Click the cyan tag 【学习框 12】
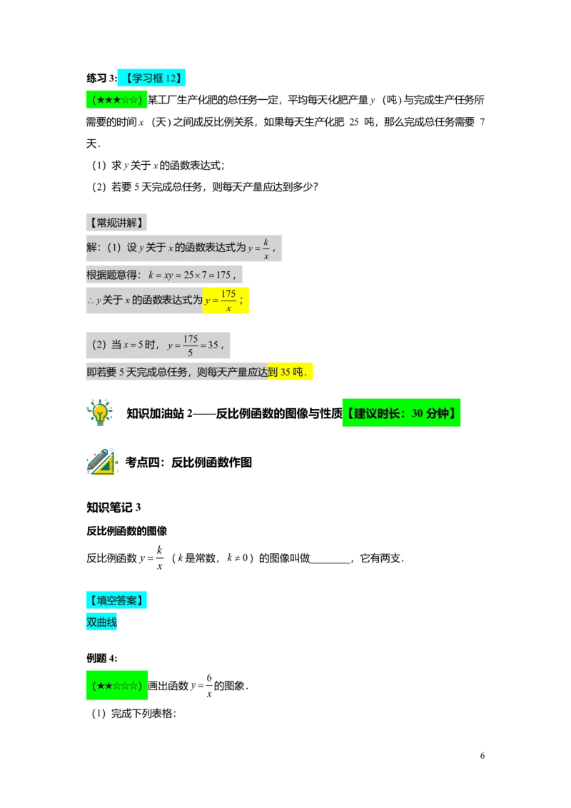click(x=151, y=78)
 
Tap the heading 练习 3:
click(x=101, y=79)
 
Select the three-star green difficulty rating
click(x=116, y=99)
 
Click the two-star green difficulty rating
click(x=116, y=685)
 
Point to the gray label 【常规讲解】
click(x=116, y=223)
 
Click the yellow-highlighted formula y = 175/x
click(x=226, y=301)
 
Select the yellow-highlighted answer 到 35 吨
click(x=290, y=372)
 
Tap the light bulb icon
click(x=99, y=413)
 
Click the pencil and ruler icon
click(x=101, y=462)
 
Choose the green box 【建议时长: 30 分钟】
click(x=401, y=413)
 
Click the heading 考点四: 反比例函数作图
click(x=188, y=463)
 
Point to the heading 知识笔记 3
click(x=113, y=507)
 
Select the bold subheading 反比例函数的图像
click(x=127, y=531)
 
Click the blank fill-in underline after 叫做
click(x=330, y=562)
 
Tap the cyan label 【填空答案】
click(x=116, y=600)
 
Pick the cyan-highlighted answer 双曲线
click(x=101, y=622)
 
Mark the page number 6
click(x=482, y=755)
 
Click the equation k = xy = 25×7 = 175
click(x=189, y=275)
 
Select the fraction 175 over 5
click(x=190, y=345)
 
